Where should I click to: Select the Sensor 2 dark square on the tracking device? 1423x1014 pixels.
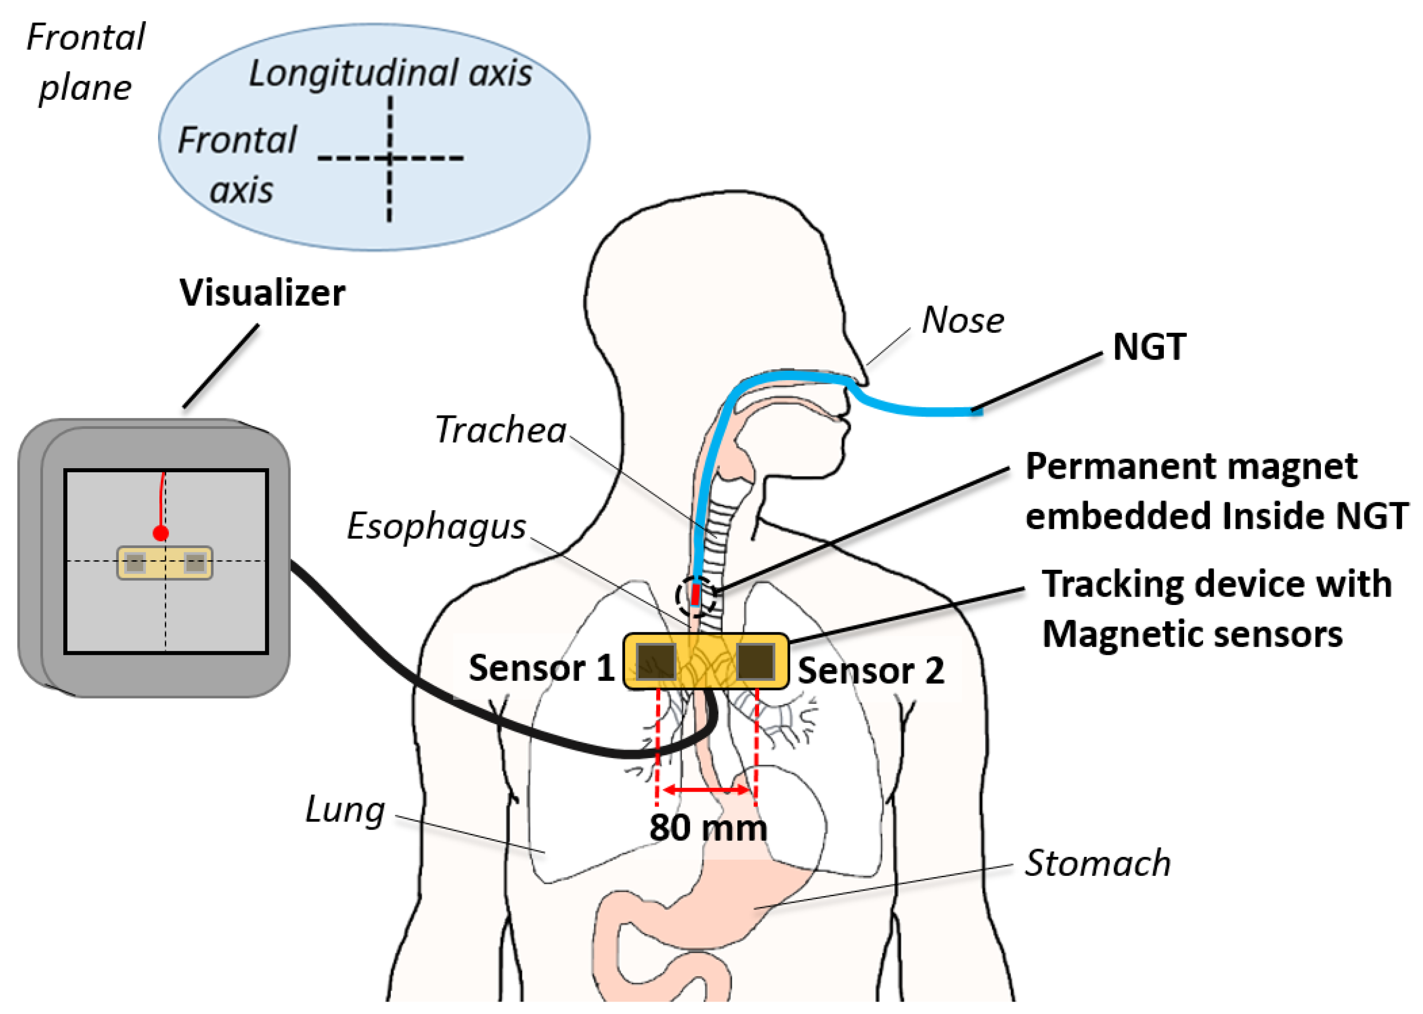(x=756, y=662)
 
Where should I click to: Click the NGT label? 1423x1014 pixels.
(x=1149, y=347)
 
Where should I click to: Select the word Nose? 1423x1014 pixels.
(x=962, y=320)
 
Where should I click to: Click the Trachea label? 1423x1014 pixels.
(x=500, y=430)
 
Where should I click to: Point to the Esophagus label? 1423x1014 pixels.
(x=436, y=526)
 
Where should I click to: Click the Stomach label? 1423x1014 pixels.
(x=1097, y=863)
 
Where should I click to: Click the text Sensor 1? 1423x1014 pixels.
(x=541, y=668)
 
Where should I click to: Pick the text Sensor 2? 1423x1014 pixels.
(x=870, y=671)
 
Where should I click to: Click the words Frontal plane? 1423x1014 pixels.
(x=85, y=62)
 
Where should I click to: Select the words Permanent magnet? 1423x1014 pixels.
(x=1191, y=466)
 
